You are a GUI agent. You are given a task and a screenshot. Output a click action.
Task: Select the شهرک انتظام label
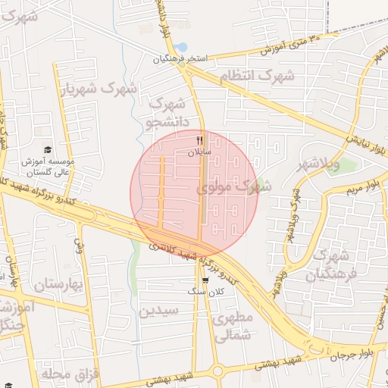pyautogui.click(x=256, y=77)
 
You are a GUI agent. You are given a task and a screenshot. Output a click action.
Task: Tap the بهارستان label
pyautogui.click(x=57, y=285)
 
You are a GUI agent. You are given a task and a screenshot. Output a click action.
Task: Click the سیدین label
pyautogui.click(x=158, y=310)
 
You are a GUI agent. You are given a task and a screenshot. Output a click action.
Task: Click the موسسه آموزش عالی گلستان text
pyautogui.click(x=51, y=167)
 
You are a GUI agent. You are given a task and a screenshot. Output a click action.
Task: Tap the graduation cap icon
pyautogui.click(x=48, y=150)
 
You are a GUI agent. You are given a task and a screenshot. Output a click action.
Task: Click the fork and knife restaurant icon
pyautogui.click(x=200, y=139)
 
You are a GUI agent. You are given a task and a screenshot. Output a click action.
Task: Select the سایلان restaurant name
pyautogui.click(x=200, y=152)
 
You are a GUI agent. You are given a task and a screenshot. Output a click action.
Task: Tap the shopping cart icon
pyautogui.click(x=205, y=280)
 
